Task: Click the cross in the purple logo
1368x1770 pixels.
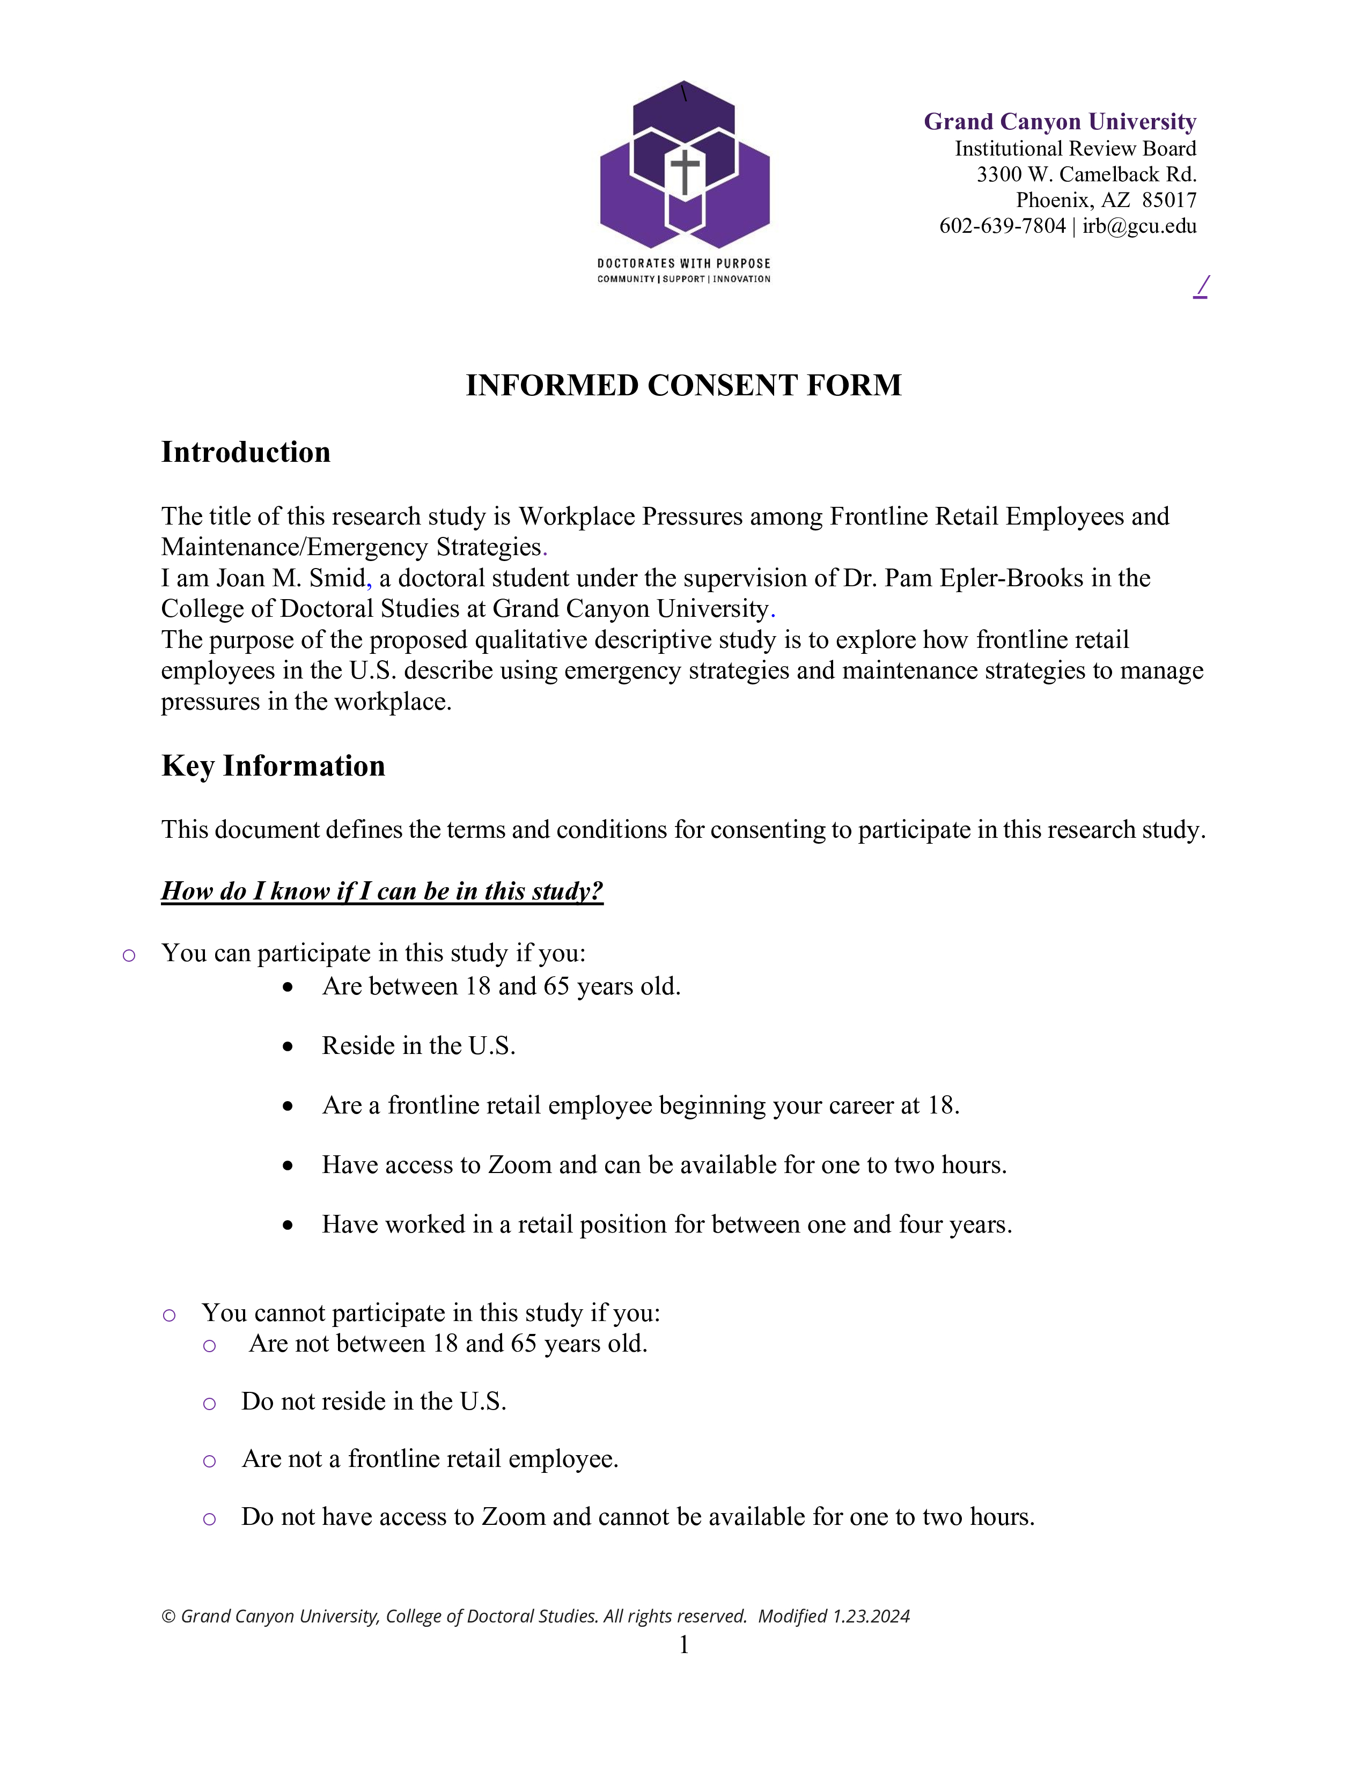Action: click(x=685, y=171)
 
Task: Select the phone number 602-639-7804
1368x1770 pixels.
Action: click(x=1002, y=226)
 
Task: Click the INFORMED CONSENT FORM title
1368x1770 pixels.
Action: click(x=683, y=385)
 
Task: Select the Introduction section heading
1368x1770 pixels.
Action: click(x=246, y=452)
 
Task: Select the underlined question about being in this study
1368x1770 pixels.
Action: click(x=382, y=891)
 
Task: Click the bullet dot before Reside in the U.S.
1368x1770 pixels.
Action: click(x=288, y=1047)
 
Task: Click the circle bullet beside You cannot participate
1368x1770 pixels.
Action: click(x=168, y=1315)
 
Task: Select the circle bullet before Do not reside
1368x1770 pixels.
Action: click(x=209, y=1404)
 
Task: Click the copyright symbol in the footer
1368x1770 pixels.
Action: click(x=168, y=1617)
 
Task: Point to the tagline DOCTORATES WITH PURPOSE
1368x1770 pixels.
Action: click(x=683, y=263)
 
